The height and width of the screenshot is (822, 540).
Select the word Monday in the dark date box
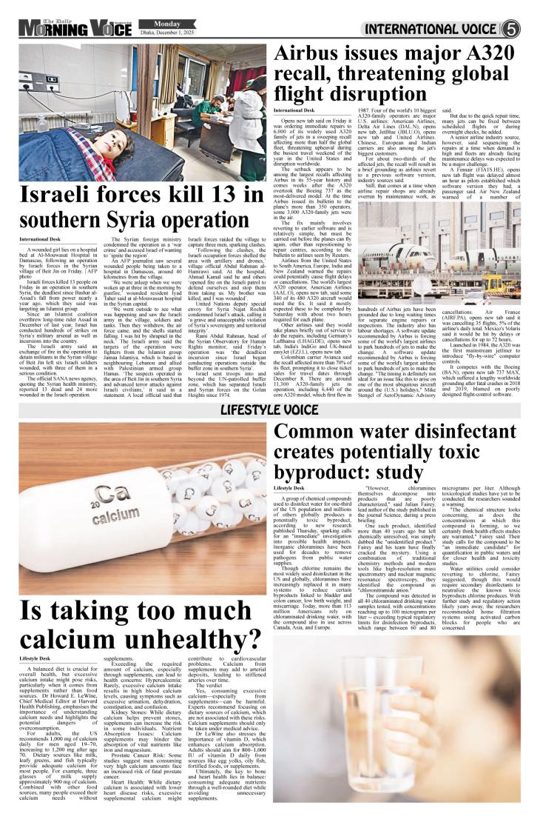pyautogui.click(x=157, y=23)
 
